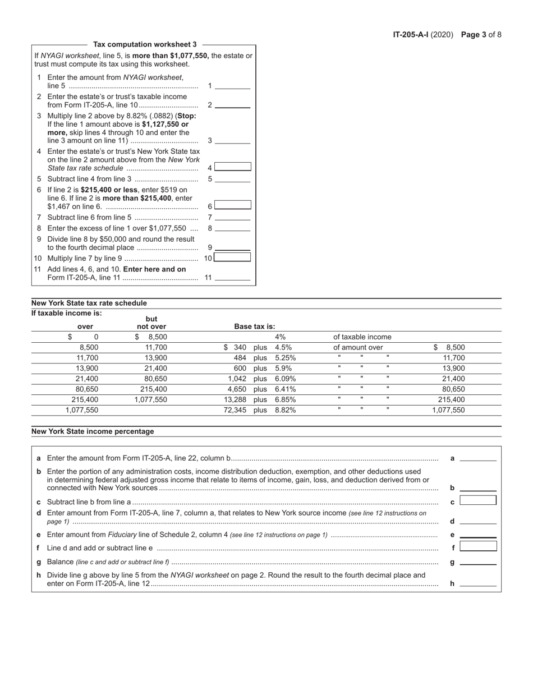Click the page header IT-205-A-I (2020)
pyautogui.click(x=424, y=34)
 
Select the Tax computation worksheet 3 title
pyautogui.click(x=145, y=44)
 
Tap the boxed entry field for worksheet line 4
pyautogui.click(x=233, y=167)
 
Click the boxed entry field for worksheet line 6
pyautogui.click(x=233, y=205)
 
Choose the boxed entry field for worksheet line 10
pyautogui.click(x=233, y=257)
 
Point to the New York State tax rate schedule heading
pyautogui.click(x=89, y=303)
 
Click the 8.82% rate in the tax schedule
pyautogui.click(x=285, y=410)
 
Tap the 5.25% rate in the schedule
pyautogui.click(x=285, y=358)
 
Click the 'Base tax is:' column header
pyautogui.click(x=255, y=326)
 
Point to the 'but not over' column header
pyautogui.click(x=151, y=323)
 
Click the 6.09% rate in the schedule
pyautogui.click(x=285, y=379)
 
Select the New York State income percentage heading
pyautogui.click(x=93, y=431)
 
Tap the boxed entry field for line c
pyautogui.click(x=478, y=500)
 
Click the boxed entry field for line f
pyautogui.click(x=478, y=546)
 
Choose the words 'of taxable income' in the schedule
pyautogui.click(x=362, y=337)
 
